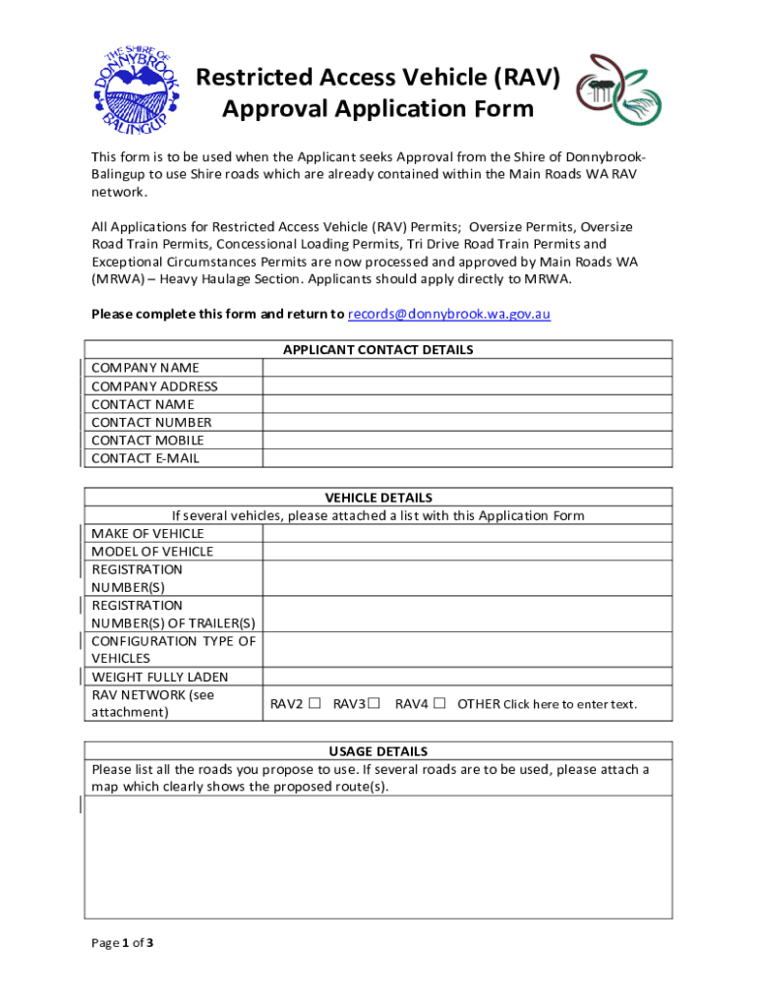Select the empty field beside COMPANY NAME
pyautogui.click(x=467, y=368)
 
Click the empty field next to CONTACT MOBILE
pyautogui.click(x=467, y=441)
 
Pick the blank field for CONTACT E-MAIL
pyautogui.click(x=467, y=458)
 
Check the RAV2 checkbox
pyautogui.click(x=315, y=704)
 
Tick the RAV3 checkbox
pyautogui.click(x=375, y=704)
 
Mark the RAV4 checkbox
pyautogui.click(x=439, y=704)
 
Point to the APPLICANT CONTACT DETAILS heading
pyautogui.click(x=378, y=350)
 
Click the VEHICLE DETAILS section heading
pyautogui.click(x=378, y=498)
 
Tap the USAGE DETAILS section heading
pyautogui.click(x=378, y=751)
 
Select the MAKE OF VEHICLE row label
pyautogui.click(x=147, y=534)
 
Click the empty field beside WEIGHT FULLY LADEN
pyautogui.click(x=467, y=677)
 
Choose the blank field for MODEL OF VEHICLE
pyautogui.click(x=467, y=552)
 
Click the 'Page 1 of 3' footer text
pyautogui.click(x=122, y=943)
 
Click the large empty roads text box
pyautogui.click(x=378, y=857)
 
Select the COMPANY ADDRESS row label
pyautogui.click(x=154, y=386)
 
